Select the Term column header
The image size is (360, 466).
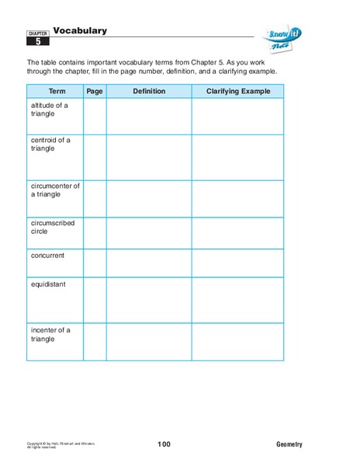coord(55,92)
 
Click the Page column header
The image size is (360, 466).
coord(95,92)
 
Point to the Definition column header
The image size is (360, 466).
coord(149,92)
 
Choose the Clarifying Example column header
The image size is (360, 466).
coord(237,92)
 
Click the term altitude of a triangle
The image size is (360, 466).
coord(50,109)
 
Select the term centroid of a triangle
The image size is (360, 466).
coord(50,145)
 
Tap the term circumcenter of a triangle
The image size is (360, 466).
coord(55,190)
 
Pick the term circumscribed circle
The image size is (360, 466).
coord(53,227)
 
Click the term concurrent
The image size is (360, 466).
coord(48,256)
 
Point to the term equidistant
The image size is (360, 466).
coord(48,284)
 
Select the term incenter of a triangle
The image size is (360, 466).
coord(50,335)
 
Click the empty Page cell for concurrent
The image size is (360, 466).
coord(95,263)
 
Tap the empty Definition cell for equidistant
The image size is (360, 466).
coord(149,300)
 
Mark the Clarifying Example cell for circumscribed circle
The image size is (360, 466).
coord(237,233)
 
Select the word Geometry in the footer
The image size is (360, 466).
coord(289,444)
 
